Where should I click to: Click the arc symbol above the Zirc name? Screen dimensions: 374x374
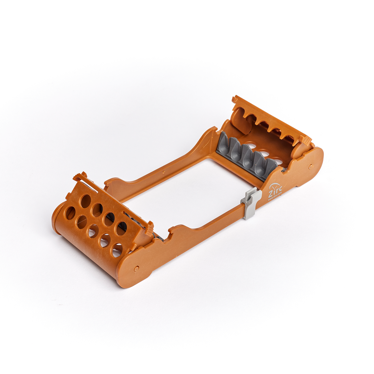tap(274, 186)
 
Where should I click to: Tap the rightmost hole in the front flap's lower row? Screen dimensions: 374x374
tap(117, 250)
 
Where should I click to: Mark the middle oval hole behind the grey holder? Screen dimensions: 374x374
tap(262, 153)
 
